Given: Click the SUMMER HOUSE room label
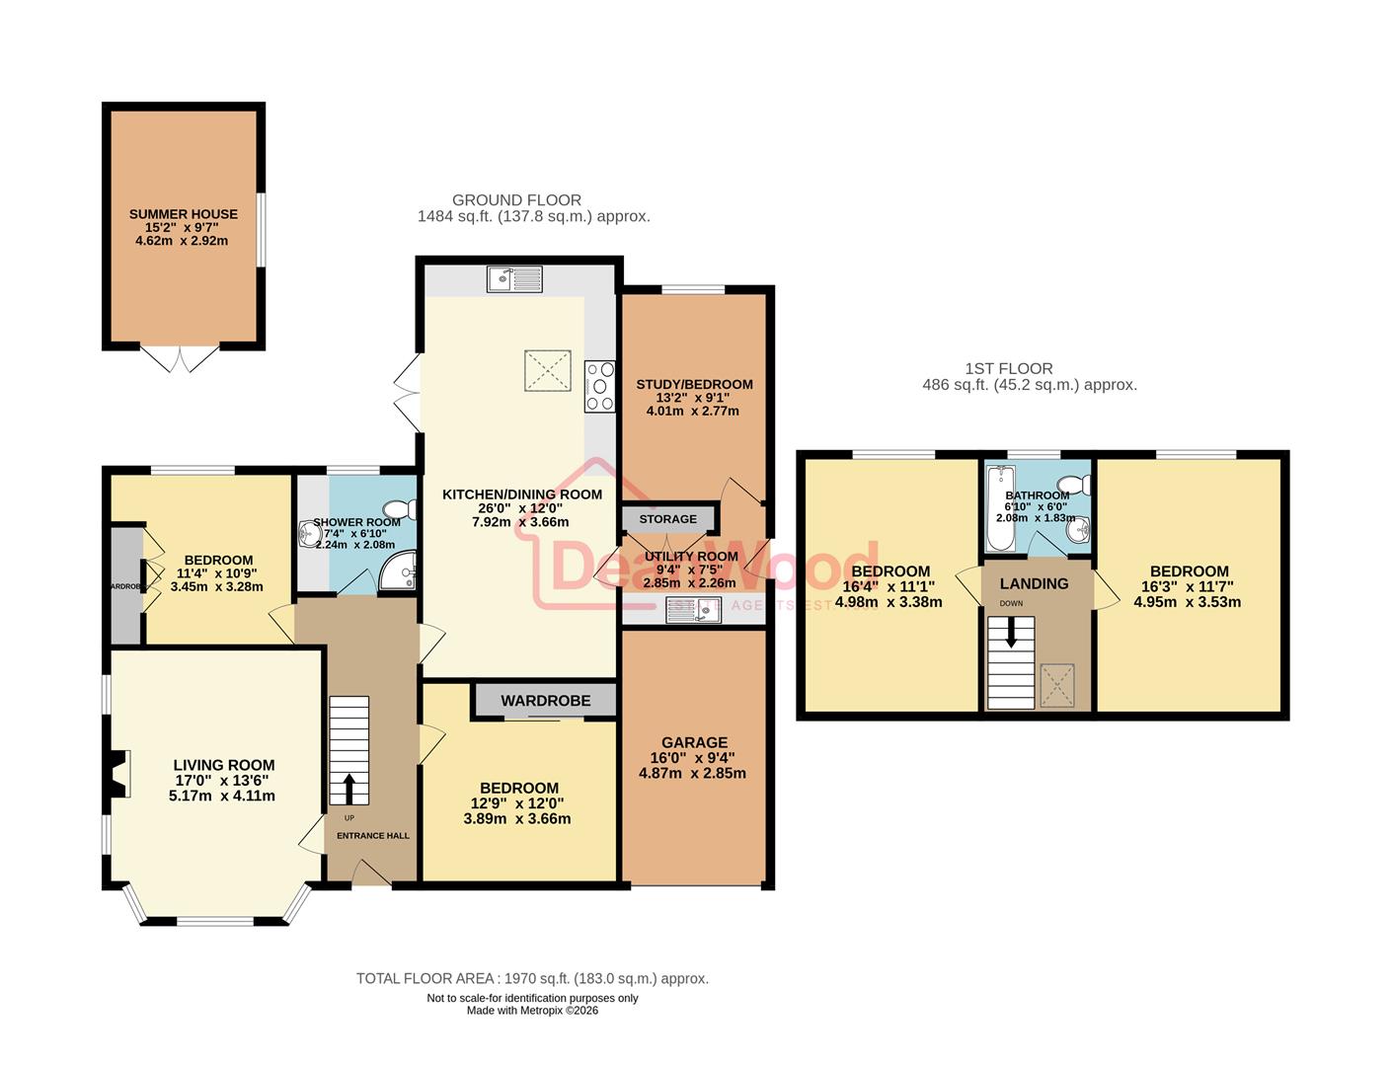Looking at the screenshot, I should click(x=184, y=214).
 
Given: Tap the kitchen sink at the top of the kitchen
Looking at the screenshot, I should click(x=514, y=279).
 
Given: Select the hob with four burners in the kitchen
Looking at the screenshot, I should click(x=599, y=386).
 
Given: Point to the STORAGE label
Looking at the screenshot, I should click(x=667, y=519).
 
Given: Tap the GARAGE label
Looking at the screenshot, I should click(x=694, y=742).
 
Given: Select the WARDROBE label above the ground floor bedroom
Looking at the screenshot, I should click(x=545, y=701).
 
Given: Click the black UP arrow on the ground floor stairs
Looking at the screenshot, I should click(x=348, y=789).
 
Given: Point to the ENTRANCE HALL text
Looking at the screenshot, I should click(x=373, y=836).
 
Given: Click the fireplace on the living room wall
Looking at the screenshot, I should click(x=119, y=774).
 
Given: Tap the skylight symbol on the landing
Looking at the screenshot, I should click(x=1057, y=685).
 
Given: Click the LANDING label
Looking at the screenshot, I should click(x=1034, y=583).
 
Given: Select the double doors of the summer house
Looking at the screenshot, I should click(x=180, y=358).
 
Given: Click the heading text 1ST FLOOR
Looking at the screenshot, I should click(x=1008, y=368).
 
